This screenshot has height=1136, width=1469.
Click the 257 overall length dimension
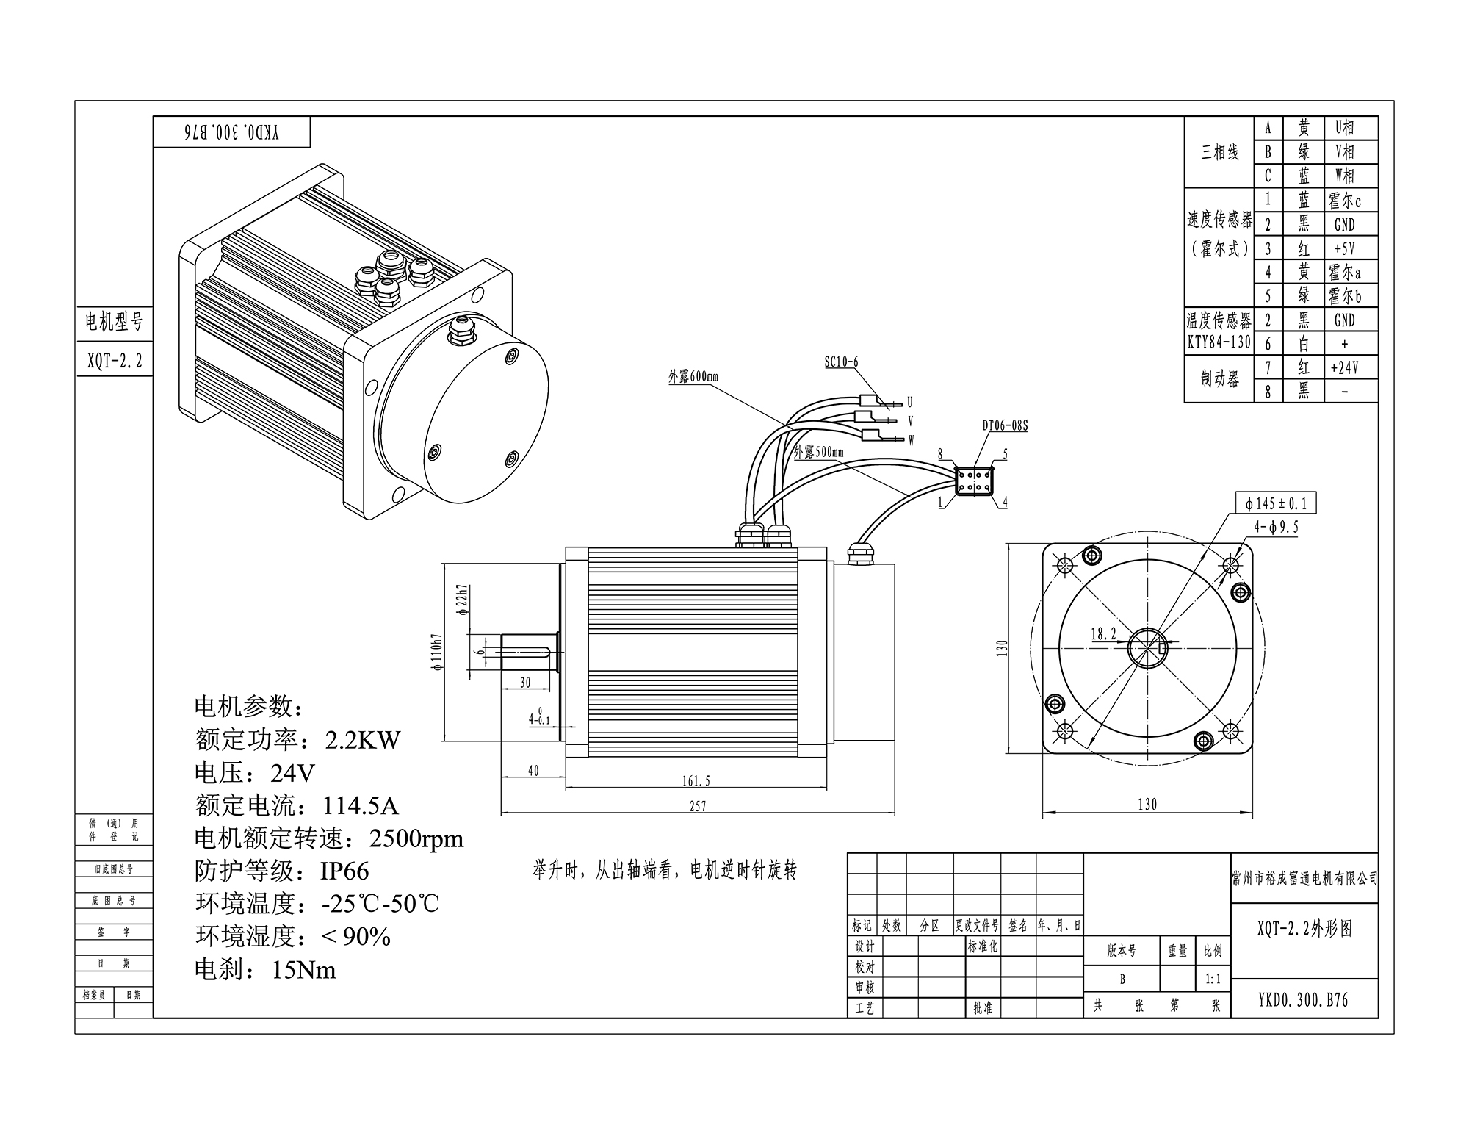[698, 806]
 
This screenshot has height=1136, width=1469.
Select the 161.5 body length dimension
[696, 781]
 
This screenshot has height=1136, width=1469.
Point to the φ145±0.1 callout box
[1276, 503]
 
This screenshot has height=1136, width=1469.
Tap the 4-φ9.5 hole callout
[1276, 527]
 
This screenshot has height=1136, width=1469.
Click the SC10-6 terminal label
[841, 362]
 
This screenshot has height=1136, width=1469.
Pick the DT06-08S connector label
[1005, 425]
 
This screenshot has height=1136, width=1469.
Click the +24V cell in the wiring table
[1344, 367]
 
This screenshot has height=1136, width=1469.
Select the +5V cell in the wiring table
[1344, 248]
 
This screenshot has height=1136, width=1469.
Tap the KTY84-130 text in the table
[1219, 342]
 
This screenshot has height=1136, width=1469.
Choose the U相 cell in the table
[1344, 128]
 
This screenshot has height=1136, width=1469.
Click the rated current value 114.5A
[360, 806]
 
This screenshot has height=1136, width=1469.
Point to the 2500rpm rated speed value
[416, 838]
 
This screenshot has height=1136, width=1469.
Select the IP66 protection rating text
[344, 871]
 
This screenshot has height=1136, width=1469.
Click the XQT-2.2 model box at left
[115, 360]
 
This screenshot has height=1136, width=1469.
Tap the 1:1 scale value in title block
[1213, 979]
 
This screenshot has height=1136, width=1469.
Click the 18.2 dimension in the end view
[1103, 634]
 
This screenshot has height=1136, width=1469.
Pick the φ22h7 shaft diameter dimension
[461, 600]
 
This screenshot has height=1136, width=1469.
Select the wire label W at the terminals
[911, 440]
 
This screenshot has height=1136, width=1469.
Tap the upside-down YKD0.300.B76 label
[231, 132]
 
